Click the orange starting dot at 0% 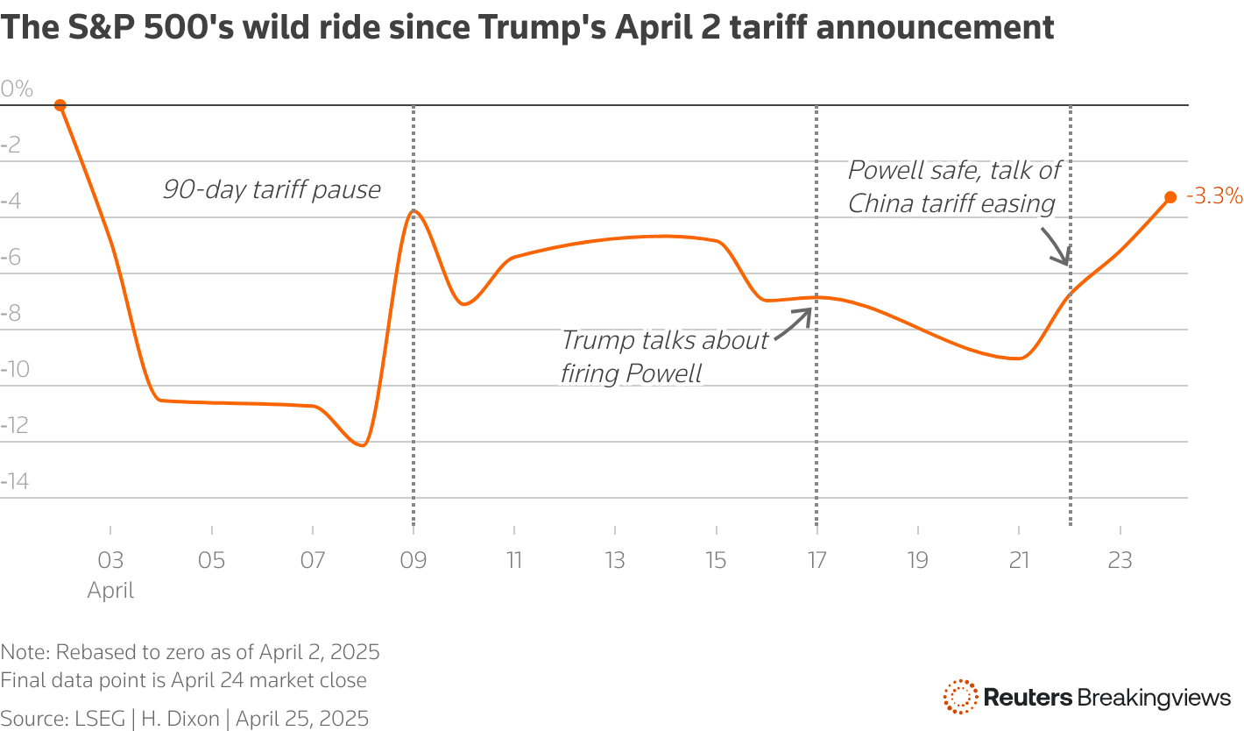[x=60, y=105]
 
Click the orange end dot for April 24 [x=1170, y=197]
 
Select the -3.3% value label [x=1214, y=196]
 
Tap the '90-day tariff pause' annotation [x=272, y=189]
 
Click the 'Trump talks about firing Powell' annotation [x=664, y=356]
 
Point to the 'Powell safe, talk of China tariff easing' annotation [x=953, y=187]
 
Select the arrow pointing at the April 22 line [x=1054, y=245]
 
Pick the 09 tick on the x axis [x=413, y=560]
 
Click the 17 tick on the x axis [x=816, y=560]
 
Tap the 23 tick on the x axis [x=1120, y=560]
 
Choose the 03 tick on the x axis [x=110, y=560]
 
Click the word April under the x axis [x=110, y=590]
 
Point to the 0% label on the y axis [x=17, y=89]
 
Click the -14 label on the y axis [x=17, y=481]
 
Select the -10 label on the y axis [x=17, y=369]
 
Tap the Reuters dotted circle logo [x=960, y=697]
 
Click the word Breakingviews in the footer [x=1155, y=698]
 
